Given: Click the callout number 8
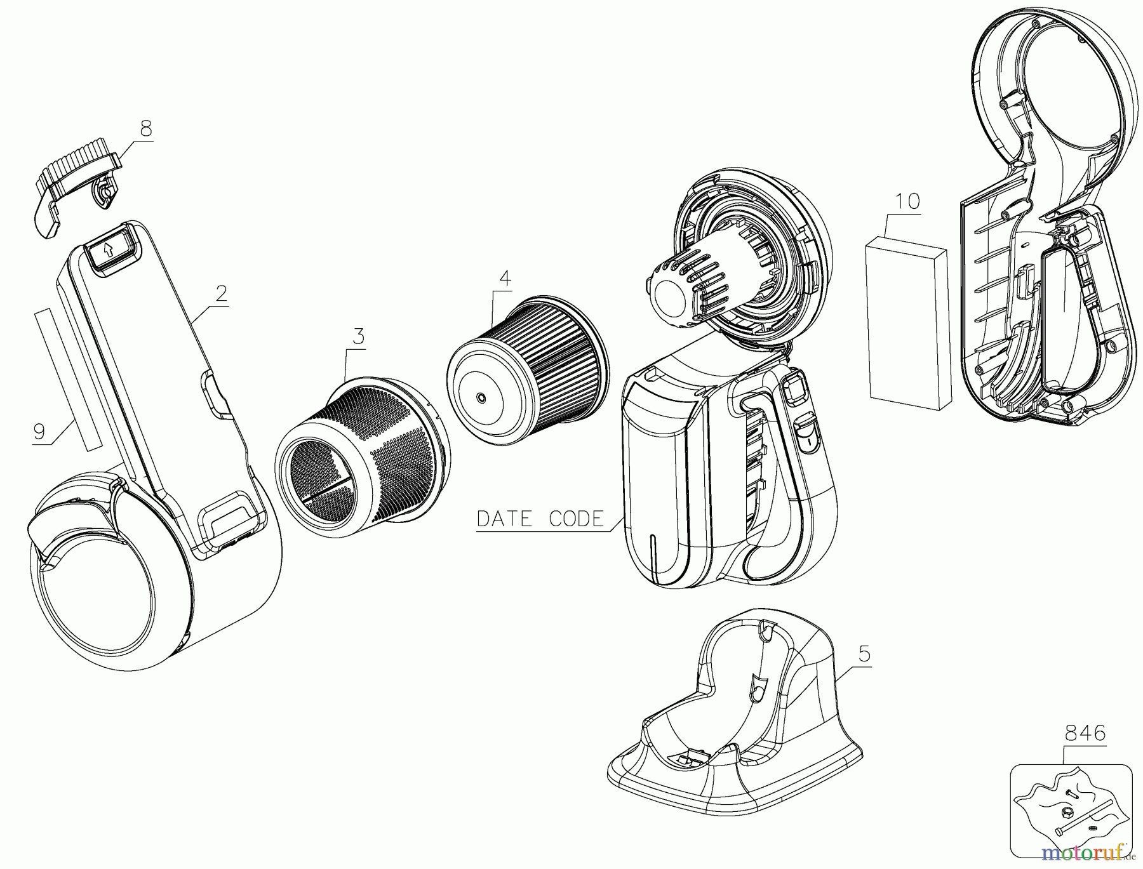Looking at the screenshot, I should [146, 129].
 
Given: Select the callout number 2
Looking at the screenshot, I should [221, 294].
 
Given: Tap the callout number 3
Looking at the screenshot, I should [359, 336].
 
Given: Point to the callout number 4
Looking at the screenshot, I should [504, 277].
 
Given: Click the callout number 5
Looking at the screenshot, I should [864, 654].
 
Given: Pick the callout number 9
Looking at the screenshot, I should [39, 432].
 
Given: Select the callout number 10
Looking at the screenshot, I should [907, 202].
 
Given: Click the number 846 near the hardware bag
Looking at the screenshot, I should [1085, 734].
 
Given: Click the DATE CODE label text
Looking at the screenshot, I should [540, 519].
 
